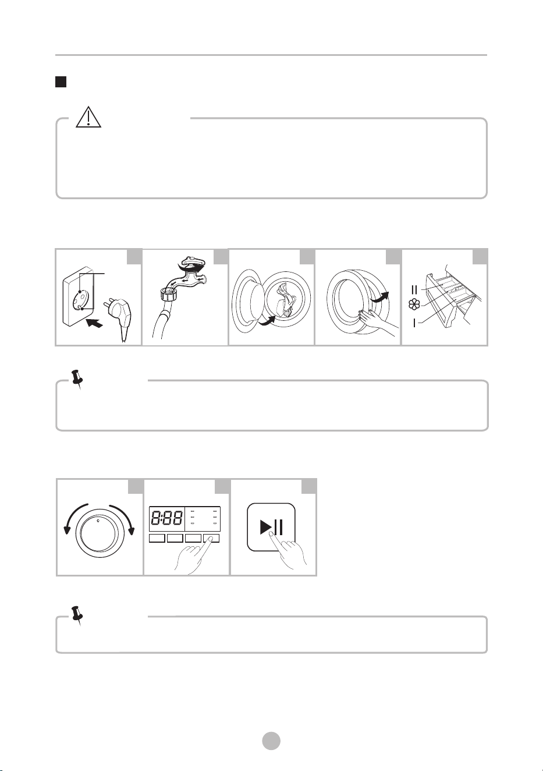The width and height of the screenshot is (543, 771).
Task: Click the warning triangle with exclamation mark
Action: pos(88,118)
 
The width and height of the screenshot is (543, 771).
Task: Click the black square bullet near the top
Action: pos(61,82)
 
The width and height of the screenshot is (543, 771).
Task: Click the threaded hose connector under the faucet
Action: pos(169,296)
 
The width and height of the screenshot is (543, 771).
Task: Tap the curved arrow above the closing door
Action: pos(379,298)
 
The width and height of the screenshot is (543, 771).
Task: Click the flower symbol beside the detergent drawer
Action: pos(414,305)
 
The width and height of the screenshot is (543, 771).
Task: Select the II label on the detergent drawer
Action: pos(414,289)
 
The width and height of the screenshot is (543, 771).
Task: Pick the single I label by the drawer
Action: pos(414,323)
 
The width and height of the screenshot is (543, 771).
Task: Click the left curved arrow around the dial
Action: pos(74,516)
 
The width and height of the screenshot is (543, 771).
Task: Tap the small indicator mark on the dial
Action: pos(99,521)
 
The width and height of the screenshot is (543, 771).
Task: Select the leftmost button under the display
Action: pos(157,538)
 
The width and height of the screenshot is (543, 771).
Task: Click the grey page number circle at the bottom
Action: pos(271,741)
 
